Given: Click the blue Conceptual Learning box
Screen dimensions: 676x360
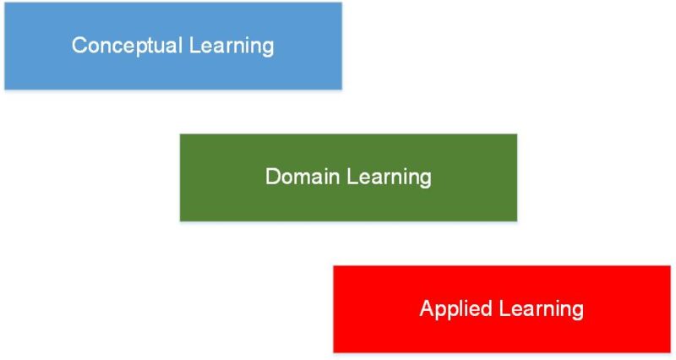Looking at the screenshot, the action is click(x=173, y=46).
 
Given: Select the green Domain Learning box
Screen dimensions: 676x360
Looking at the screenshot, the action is click(x=348, y=177).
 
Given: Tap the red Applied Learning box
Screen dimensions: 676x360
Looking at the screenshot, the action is click(x=502, y=309).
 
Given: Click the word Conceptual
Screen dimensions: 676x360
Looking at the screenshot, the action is click(x=128, y=46).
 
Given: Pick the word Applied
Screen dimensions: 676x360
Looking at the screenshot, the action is click(x=456, y=309).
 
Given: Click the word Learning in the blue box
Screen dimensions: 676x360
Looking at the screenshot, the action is click(x=232, y=46).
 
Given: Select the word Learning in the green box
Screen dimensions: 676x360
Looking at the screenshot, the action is click(x=389, y=177).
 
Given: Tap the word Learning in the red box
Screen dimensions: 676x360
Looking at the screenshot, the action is click(x=542, y=309).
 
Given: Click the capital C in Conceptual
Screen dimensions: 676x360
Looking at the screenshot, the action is click(x=79, y=45).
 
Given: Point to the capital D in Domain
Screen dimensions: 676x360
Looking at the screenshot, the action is click(x=273, y=177).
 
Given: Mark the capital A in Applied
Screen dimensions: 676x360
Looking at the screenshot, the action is click(x=428, y=308).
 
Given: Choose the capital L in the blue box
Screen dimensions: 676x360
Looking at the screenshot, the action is click(x=195, y=45).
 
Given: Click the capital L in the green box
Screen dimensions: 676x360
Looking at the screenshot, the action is click(x=352, y=177).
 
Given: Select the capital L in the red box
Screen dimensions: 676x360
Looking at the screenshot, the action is click(x=505, y=308).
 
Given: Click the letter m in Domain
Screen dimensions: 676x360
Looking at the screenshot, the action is click(x=308, y=178).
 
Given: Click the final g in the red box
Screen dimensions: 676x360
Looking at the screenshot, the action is click(x=578, y=311).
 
